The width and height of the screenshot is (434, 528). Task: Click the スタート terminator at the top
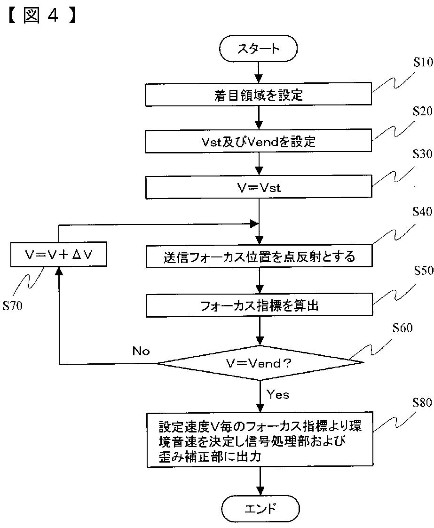point(259,48)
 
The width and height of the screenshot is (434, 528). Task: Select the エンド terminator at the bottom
point(260,508)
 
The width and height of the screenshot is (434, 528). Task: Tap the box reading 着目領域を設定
point(259,95)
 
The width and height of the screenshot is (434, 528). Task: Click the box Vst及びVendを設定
point(259,142)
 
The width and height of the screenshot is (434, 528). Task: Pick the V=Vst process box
point(259,187)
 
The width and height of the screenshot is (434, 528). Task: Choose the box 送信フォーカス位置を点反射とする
point(259,256)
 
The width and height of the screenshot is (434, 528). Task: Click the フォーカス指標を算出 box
point(260,305)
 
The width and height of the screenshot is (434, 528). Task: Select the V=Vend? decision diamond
point(260,363)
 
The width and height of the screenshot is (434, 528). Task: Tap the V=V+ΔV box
point(58,255)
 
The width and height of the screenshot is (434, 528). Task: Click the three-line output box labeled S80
point(260,439)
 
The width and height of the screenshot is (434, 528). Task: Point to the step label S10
point(423,62)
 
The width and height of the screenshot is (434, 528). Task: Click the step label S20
point(423,111)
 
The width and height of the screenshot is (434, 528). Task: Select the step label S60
point(402,328)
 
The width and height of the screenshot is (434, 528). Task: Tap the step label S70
point(12,305)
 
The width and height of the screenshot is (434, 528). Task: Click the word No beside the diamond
point(141,351)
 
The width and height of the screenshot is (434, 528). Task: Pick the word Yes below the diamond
point(278,394)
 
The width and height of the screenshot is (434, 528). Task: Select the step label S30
point(423,154)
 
